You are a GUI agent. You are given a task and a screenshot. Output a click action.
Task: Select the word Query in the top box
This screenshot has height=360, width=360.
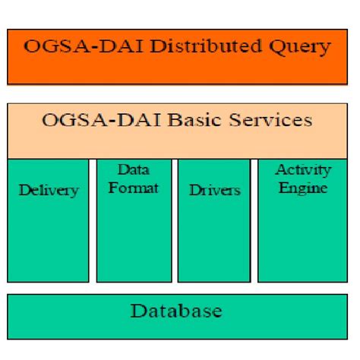point(297,47)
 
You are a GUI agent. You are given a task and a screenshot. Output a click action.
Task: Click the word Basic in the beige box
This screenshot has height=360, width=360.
point(208,120)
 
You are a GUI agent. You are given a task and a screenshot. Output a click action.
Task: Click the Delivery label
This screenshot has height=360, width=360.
point(48,190)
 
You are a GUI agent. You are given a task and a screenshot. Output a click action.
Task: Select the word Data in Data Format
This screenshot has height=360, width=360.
point(133,170)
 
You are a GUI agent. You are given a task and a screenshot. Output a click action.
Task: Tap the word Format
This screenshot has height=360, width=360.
point(133,187)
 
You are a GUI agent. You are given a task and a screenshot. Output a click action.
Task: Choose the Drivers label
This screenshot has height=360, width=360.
point(213,190)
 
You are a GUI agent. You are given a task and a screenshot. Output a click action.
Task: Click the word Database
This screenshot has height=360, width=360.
point(176,311)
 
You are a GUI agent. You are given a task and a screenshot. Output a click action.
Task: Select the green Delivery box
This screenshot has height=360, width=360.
point(48,235)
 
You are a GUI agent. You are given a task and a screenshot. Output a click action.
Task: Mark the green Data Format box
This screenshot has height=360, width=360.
point(133,235)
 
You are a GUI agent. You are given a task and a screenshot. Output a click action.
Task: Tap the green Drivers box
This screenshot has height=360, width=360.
point(213,235)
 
